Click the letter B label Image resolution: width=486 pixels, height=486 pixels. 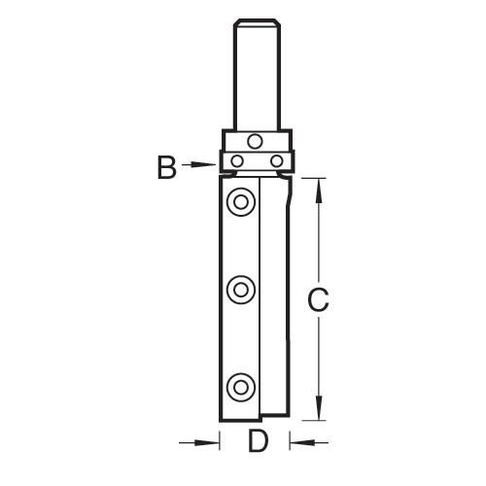coord(167,168)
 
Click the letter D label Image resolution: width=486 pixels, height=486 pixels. coord(258,442)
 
